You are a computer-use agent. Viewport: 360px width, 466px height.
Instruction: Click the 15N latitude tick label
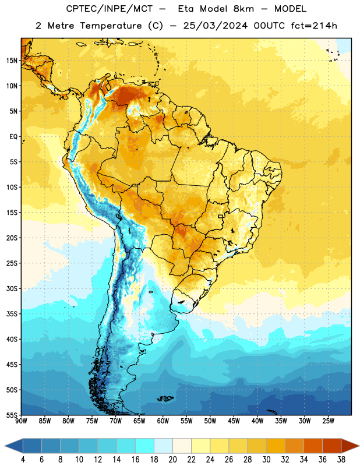(x=12, y=61)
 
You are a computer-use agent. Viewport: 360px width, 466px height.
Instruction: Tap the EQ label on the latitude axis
(x=13, y=137)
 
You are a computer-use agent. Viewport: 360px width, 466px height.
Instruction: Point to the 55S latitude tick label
(x=12, y=415)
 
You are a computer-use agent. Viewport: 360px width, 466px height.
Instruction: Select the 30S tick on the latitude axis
(x=12, y=288)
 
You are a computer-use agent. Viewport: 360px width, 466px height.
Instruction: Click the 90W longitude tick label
(x=21, y=421)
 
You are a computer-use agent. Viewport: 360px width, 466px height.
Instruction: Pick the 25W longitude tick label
(x=328, y=421)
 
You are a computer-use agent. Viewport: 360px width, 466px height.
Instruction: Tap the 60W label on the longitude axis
(x=163, y=421)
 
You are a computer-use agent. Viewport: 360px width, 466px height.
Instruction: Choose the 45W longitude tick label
(x=234, y=421)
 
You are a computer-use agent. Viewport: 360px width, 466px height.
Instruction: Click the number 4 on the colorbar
(x=23, y=460)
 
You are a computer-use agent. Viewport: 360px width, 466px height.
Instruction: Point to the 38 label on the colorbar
(x=341, y=460)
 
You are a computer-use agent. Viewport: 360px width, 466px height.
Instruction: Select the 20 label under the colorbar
(x=172, y=460)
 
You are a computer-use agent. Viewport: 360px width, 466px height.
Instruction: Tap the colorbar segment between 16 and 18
(x=145, y=446)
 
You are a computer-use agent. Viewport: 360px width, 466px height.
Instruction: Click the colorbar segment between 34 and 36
(x=313, y=446)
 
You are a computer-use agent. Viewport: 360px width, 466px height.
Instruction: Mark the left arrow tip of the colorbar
(x=5, y=446)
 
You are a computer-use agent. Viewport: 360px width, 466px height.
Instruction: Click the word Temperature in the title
(x=111, y=26)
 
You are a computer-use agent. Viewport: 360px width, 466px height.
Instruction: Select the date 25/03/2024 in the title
(x=215, y=26)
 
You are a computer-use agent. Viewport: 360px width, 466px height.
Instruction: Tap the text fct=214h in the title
(x=314, y=26)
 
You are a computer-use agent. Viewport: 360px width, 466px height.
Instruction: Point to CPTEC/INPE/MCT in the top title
(x=110, y=9)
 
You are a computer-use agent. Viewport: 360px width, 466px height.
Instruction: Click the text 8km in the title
(x=243, y=9)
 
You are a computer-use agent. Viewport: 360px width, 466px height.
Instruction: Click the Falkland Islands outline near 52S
(x=165, y=398)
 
